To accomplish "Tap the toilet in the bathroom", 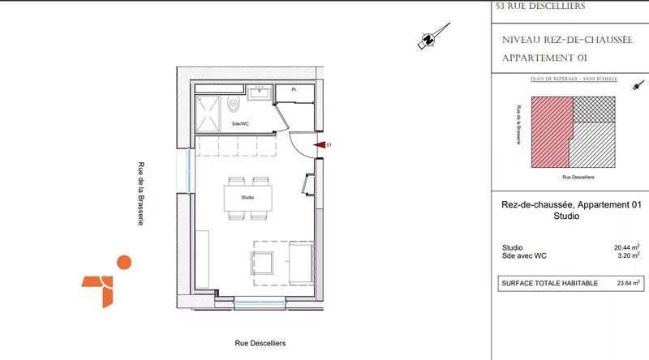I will [x=234, y=104].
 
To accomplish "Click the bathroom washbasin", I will [x=261, y=90].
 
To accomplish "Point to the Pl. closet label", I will [x=293, y=90].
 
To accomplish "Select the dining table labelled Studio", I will [x=247, y=198].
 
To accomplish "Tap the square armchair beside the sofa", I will [x=264, y=263].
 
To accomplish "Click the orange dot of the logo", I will [x=123, y=262].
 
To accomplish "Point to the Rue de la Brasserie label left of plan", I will [x=141, y=192].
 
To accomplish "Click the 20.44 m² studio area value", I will [x=627, y=247].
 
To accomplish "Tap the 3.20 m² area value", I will [x=629, y=256].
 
